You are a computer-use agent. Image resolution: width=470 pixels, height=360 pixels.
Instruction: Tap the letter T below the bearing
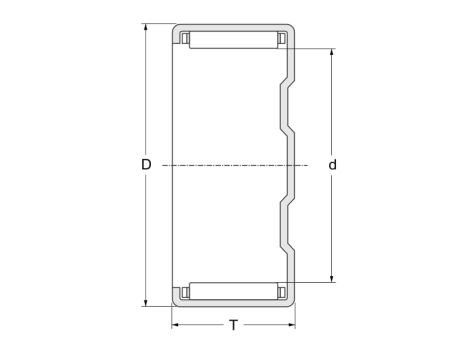[x=234, y=325]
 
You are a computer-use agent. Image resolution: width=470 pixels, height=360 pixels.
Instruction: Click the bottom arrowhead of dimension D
[x=147, y=301]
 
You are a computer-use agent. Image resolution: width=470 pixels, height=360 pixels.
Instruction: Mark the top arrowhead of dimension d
[x=331, y=51]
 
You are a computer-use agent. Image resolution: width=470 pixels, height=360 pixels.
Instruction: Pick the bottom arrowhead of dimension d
[x=331, y=277]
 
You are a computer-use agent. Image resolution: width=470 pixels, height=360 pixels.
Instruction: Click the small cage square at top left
[x=184, y=39]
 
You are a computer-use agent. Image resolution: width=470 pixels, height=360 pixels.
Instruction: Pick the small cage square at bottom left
[x=184, y=292]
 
